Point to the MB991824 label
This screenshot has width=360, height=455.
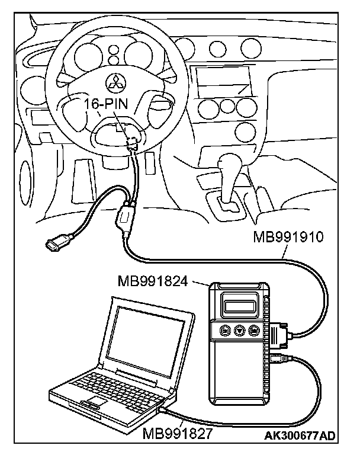click(153, 280)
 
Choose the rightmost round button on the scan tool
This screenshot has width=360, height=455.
click(255, 331)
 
